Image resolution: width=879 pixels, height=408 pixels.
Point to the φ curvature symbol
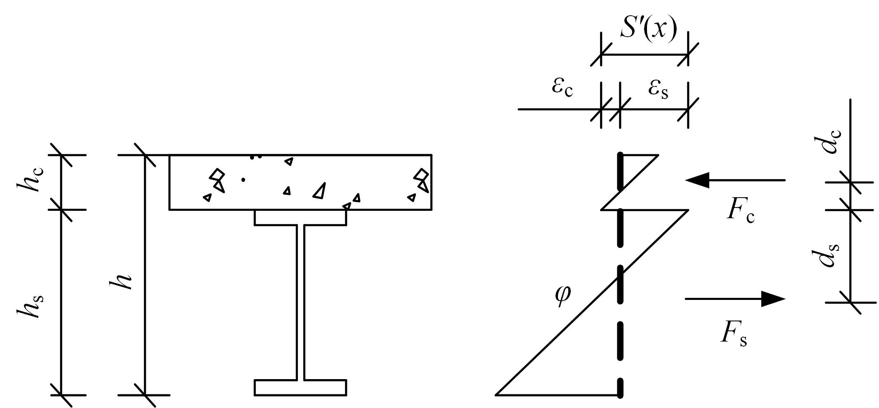563,297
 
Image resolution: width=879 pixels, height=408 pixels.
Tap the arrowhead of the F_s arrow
773,299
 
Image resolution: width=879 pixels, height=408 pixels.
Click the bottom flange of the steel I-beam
300,387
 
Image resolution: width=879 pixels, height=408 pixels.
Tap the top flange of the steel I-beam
300,217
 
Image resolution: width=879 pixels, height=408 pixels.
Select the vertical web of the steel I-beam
300,302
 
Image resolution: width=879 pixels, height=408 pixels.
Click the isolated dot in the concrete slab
243,179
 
